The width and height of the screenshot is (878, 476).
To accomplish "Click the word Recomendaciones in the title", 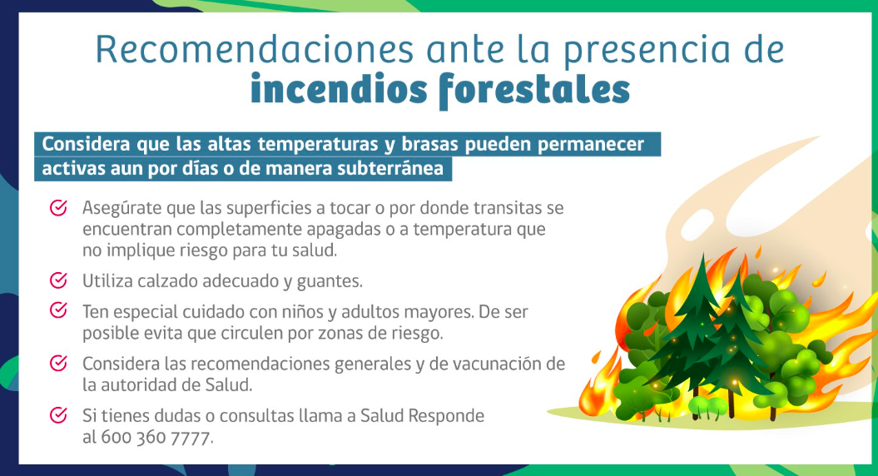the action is [x=255, y=50].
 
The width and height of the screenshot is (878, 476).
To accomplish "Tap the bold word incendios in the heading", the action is [x=339, y=90].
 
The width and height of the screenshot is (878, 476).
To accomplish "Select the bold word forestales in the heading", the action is [x=535, y=91].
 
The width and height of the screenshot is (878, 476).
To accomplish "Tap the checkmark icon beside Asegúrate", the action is [x=59, y=208].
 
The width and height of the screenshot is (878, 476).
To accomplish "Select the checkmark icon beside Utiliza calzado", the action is [x=59, y=280].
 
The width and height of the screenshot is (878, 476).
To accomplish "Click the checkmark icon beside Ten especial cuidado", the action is [x=59, y=310].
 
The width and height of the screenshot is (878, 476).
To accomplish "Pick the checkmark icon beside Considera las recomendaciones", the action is [x=59, y=364].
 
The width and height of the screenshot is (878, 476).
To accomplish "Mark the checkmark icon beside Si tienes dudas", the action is [x=59, y=415].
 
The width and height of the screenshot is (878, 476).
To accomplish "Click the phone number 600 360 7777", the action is [x=156, y=437].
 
